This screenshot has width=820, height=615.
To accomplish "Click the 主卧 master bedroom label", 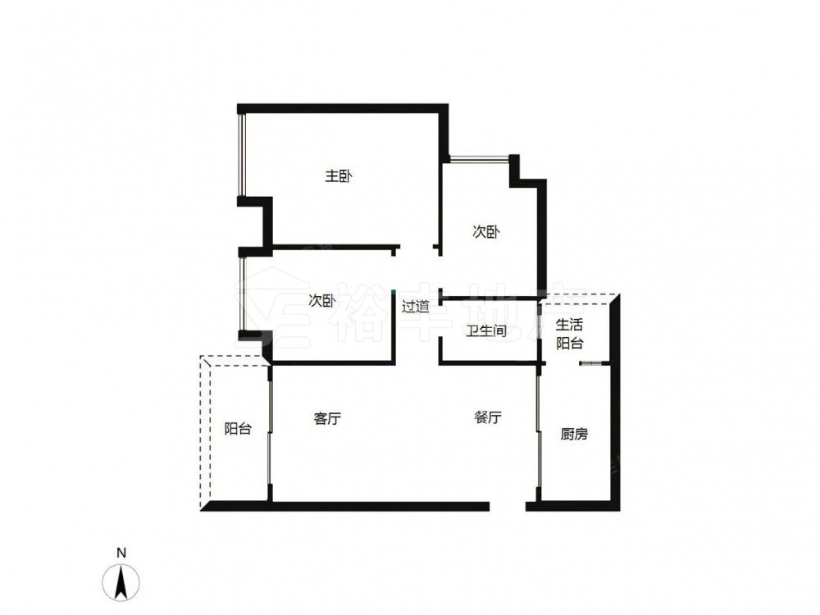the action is click(x=339, y=176).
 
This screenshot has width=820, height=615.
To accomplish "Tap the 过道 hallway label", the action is click(x=415, y=306).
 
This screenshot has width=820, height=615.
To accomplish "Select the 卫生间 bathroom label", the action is click(x=486, y=330).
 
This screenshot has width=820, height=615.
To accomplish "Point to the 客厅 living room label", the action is click(x=327, y=418).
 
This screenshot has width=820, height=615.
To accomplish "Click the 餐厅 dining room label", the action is click(x=488, y=417).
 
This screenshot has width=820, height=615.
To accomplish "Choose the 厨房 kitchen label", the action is click(x=574, y=434).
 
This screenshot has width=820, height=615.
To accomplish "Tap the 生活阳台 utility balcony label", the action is click(x=570, y=334).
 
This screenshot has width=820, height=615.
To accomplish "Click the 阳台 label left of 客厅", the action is click(x=238, y=429).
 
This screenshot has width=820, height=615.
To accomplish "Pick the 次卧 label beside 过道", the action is click(x=321, y=301).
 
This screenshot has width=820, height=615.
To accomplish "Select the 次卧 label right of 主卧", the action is click(x=485, y=232).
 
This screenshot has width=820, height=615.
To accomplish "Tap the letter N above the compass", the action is click(x=121, y=553).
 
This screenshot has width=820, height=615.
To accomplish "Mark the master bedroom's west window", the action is click(x=241, y=155).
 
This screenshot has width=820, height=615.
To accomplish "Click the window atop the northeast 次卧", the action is click(x=479, y=158).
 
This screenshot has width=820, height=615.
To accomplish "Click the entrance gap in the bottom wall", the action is click(x=508, y=506).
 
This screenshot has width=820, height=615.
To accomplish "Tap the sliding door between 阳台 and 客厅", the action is click(x=270, y=432).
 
